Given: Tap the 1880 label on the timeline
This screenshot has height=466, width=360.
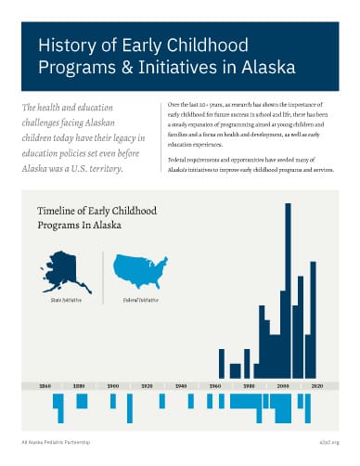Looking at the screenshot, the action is pos(79,384).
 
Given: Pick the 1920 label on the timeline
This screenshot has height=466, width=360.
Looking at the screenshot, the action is pos(148,384).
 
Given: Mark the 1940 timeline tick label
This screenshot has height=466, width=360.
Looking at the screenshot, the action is pos(182,384).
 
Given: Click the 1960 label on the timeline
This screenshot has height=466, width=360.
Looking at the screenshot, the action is pos(215,384).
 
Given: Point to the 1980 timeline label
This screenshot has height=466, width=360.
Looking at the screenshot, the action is pos(250,384).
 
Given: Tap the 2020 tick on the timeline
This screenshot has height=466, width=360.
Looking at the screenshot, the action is pos(317,384).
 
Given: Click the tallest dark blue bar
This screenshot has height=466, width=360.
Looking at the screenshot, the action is pos(288,288).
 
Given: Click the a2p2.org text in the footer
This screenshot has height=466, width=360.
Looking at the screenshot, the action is pos(329,443).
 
